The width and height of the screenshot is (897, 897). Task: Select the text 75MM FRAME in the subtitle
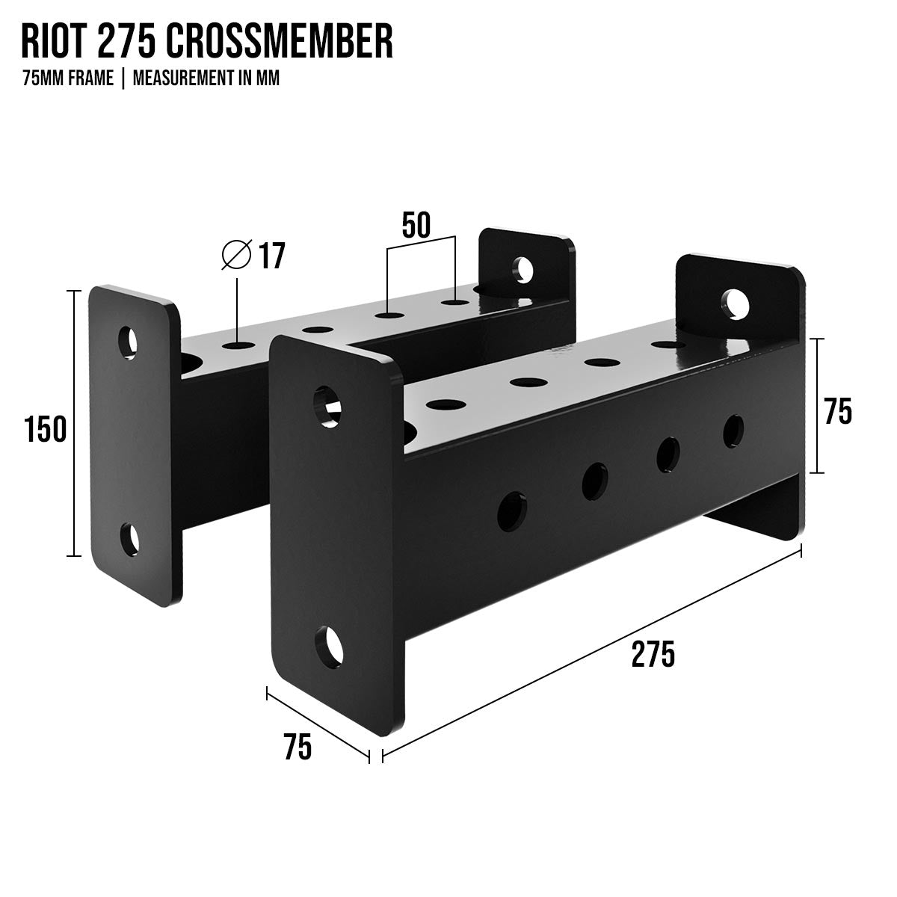68,78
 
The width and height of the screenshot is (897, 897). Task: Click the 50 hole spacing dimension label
416,225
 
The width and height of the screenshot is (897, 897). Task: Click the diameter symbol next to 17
236,255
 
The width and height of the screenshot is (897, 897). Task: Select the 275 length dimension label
653,654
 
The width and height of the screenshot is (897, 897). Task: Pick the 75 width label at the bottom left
298,747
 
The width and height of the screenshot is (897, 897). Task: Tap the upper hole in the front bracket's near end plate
327,407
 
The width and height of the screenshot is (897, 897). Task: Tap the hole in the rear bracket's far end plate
523,268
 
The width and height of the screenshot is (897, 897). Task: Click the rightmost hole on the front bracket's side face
733,430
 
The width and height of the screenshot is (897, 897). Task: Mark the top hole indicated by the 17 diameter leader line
237,346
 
